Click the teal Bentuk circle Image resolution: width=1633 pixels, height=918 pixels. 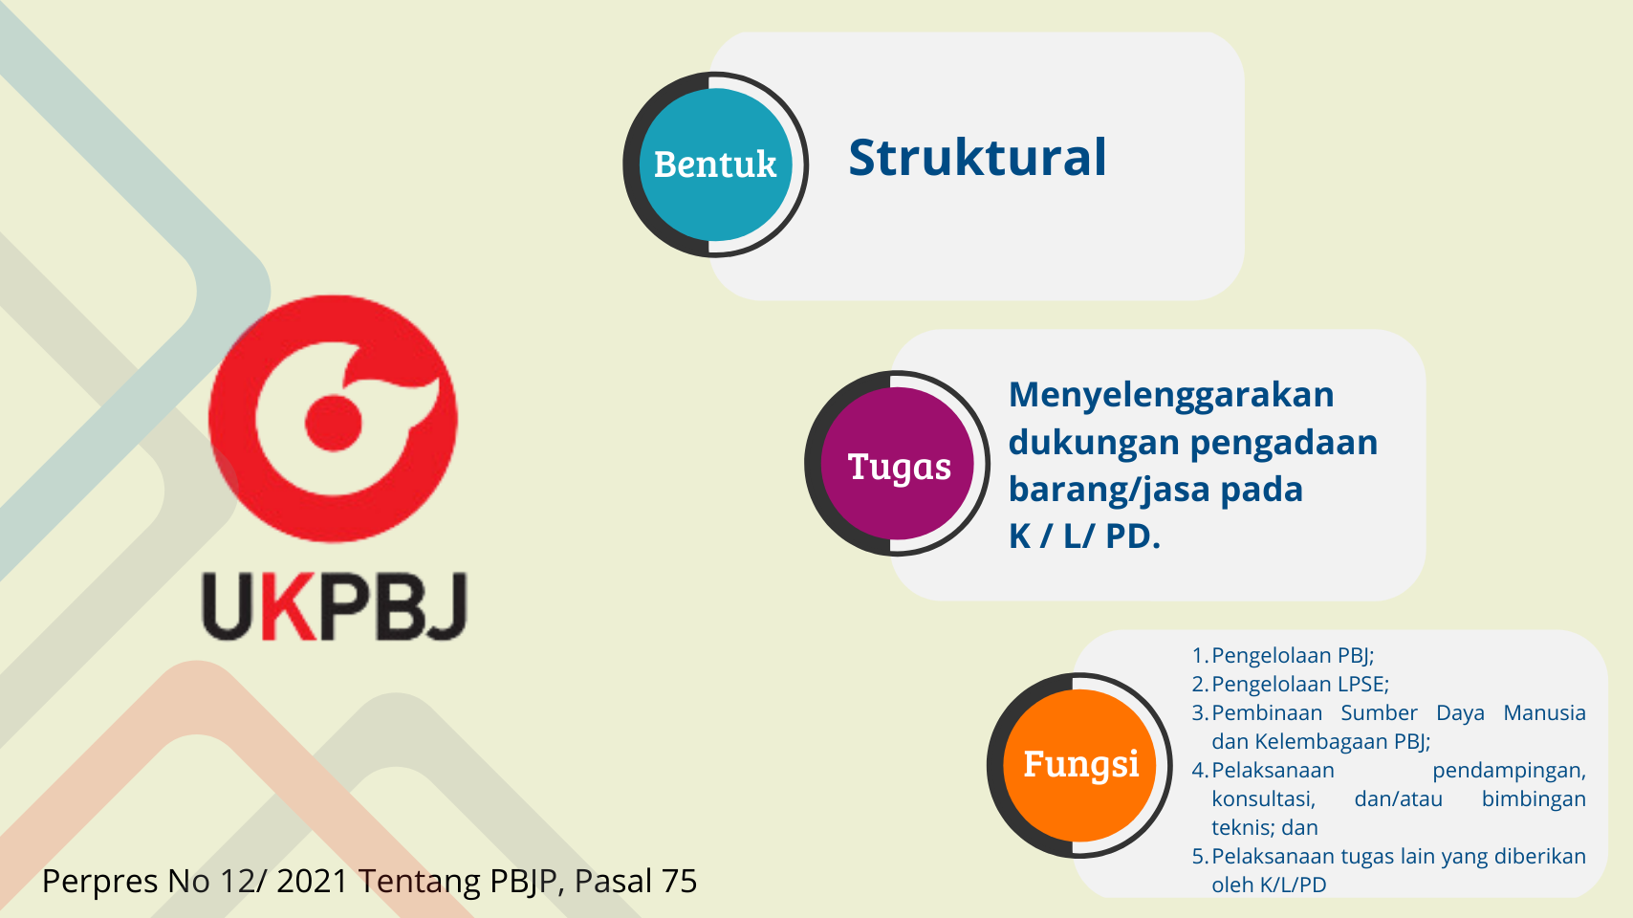[x=715, y=164]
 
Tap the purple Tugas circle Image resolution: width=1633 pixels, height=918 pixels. [x=898, y=464]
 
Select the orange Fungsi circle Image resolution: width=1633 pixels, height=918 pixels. [x=1079, y=766]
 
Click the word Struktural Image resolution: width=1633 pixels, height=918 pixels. [x=978, y=158]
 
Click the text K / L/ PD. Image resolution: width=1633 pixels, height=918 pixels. [x=1084, y=535]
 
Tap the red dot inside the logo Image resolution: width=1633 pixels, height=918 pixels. [x=333, y=424]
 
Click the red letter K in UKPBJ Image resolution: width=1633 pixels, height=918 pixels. [x=289, y=606]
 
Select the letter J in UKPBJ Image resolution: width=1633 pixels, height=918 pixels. [x=446, y=606]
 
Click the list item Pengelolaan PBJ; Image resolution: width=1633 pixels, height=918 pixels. [x=1293, y=655]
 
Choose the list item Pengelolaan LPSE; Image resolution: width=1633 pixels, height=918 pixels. [x=1300, y=684]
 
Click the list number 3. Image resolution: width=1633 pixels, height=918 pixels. [x=1199, y=712]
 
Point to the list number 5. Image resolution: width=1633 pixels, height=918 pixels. [x=1199, y=856]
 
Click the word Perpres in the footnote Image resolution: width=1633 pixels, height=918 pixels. [x=99, y=882]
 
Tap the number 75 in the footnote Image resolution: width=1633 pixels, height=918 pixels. [x=680, y=881]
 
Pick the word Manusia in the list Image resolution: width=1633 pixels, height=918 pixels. [x=1545, y=712]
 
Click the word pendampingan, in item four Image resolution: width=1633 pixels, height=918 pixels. [x=1509, y=771]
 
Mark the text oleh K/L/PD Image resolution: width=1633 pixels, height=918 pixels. [x=1269, y=885]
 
